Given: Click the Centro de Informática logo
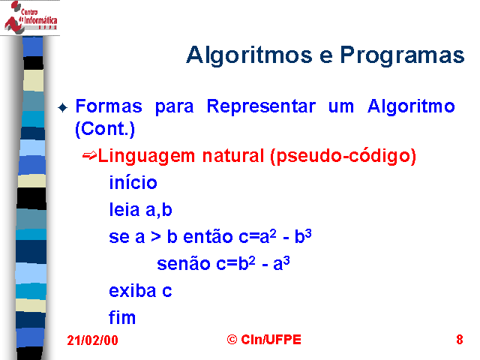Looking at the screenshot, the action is click(x=31, y=17).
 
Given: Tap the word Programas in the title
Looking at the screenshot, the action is click(x=402, y=55).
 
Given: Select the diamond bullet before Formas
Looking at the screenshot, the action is click(x=63, y=108).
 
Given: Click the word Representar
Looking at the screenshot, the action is click(x=261, y=106).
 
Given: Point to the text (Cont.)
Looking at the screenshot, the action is click(x=105, y=129).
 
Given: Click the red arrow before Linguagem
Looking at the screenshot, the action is click(x=89, y=155).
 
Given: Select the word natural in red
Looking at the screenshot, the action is click(x=233, y=155).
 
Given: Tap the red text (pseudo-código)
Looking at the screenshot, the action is click(x=343, y=157).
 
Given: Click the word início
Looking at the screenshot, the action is click(x=133, y=182).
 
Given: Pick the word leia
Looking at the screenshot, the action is click(x=124, y=209).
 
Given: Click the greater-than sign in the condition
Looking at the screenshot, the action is click(x=156, y=237).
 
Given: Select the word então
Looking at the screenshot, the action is click(x=208, y=236).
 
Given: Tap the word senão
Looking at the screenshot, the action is click(x=183, y=263).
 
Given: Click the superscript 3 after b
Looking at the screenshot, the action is click(x=308, y=233).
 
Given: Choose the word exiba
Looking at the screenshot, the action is click(x=133, y=290).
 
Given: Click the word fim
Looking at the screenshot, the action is click(x=122, y=317).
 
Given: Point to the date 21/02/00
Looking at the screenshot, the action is click(x=92, y=340).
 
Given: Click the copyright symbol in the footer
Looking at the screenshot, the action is click(x=232, y=340).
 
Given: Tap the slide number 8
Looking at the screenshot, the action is click(x=460, y=340).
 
